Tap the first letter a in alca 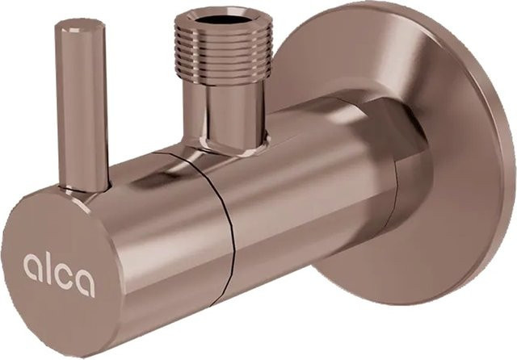pyautogui.click(x=32, y=266)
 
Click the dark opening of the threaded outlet pyautogui.click(x=222, y=19)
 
